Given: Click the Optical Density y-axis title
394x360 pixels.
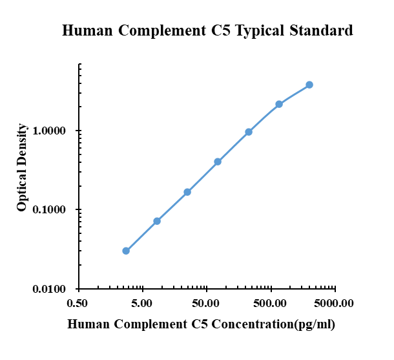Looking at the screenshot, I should tap(22, 167).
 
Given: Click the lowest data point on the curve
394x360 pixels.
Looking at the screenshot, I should tap(126, 251).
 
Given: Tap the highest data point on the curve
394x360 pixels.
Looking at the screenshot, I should tap(309, 85).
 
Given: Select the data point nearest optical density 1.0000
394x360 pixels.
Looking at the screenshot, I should tap(249, 132).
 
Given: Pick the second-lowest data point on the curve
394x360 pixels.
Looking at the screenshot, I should tap(157, 221).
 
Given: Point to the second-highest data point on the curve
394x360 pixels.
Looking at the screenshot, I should tap(279, 104).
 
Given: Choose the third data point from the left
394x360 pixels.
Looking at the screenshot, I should tap(187, 192).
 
